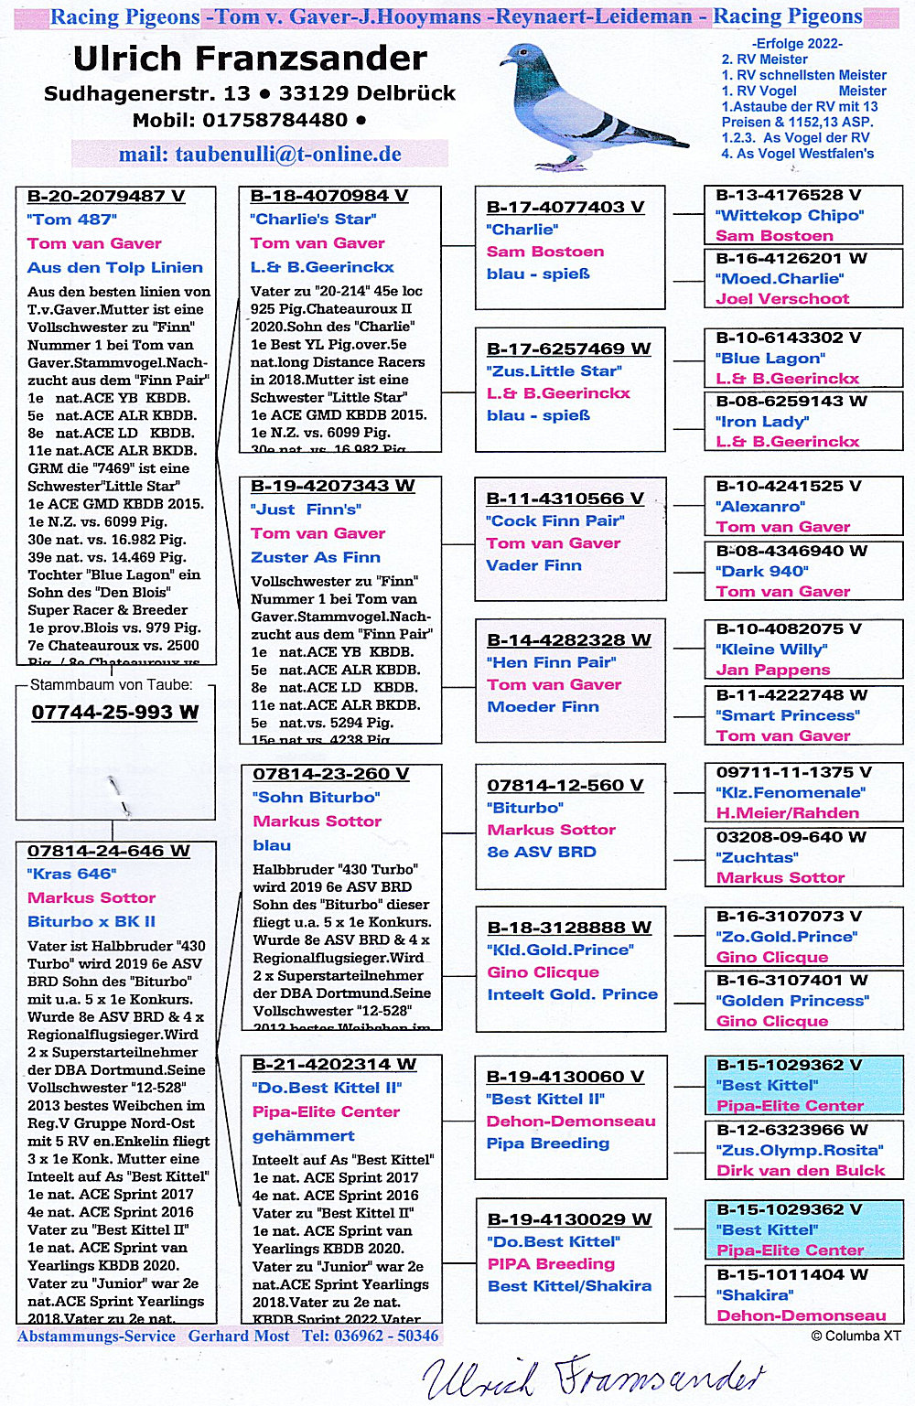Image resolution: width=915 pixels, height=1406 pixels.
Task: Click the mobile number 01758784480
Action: pyautogui.click(x=274, y=120)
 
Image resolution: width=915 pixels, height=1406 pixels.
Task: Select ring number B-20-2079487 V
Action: pyautogui.click(x=106, y=196)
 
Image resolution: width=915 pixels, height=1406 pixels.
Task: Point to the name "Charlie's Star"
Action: pyautogui.click(x=312, y=220)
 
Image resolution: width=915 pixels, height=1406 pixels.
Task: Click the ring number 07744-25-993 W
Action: pyautogui.click(x=115, y=712)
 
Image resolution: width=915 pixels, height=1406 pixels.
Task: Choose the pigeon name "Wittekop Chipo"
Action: pyautogui.click(x=790, y=216)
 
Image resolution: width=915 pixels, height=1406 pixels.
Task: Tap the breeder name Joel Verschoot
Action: pyautogui.click(x=782, y=298)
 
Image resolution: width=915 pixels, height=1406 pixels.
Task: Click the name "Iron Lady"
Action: pyautogui.click(x=762, y=422)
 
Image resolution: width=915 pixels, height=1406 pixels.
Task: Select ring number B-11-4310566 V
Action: pyautogui.click(x=565, y=499)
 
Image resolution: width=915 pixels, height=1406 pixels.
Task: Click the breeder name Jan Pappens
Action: pyautogui.click(x=773, y=670)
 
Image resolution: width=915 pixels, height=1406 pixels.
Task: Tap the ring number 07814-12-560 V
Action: pyautogui.click(x=565, y=785)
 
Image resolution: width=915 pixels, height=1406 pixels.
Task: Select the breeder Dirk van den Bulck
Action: pyautogui.click(x=801, y=1170)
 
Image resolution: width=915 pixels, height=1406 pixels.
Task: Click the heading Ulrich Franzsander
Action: pyautogui.click(x=250, y=59)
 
